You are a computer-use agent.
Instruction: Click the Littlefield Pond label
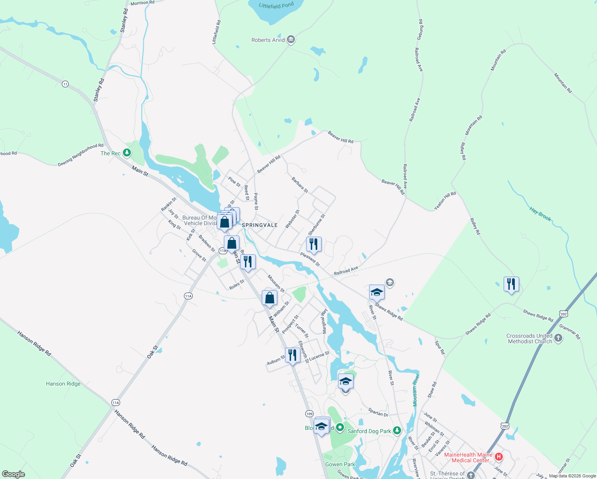click(276, 6)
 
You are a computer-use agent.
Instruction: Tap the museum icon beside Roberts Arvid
click(291, 40)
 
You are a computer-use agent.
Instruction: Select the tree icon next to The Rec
click(127, 152)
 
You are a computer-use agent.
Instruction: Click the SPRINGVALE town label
click(260, 225)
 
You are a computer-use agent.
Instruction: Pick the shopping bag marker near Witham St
click(269, 298)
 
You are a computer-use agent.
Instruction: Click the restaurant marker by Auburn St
click(293, 355)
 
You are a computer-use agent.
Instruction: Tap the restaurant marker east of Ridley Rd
click(511, 284)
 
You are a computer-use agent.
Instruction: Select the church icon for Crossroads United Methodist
click(558, 338)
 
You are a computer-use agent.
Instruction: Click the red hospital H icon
click(498, 457)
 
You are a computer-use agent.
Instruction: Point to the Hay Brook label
click(540, 214)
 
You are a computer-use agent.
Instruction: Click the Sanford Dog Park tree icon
click(397, 430)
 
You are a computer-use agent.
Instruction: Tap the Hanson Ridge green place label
click(63, 384)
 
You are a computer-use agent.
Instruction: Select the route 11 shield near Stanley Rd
click(65, 84)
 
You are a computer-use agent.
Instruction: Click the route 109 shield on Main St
click(309, 414)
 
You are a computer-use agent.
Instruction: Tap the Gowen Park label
click(340, 464)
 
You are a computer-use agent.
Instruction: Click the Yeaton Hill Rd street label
click(445, 201)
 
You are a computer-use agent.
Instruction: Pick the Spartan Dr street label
click(378, 412)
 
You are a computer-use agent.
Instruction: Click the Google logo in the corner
click(14, 474)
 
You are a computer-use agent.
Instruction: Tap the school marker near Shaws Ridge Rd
click(377, 293)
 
